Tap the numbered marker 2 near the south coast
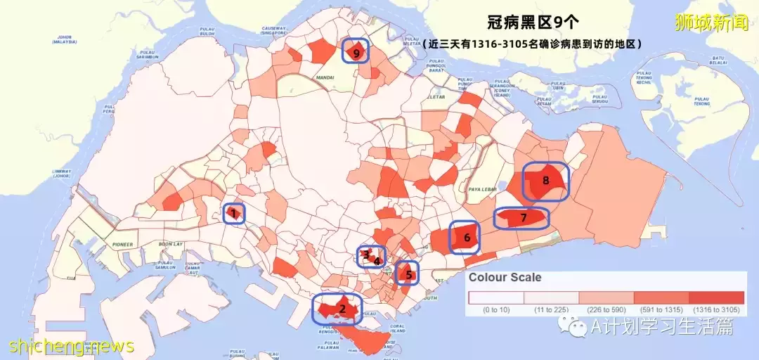[342, 308]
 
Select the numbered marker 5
[409, 274]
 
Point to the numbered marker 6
[467, 238]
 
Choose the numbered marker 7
[523, 218]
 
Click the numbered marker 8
[546, 180]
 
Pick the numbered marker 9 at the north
[357, 52]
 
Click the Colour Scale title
[505, 277]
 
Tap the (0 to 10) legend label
[496, 309]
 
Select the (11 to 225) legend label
[551, 309]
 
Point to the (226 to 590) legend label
[606, 309]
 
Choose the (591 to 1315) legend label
[661, 309]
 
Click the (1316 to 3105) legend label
[716, 309]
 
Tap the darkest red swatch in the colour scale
[716, 297]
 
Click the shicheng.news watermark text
[71, 346]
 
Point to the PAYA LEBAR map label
[481, 188]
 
